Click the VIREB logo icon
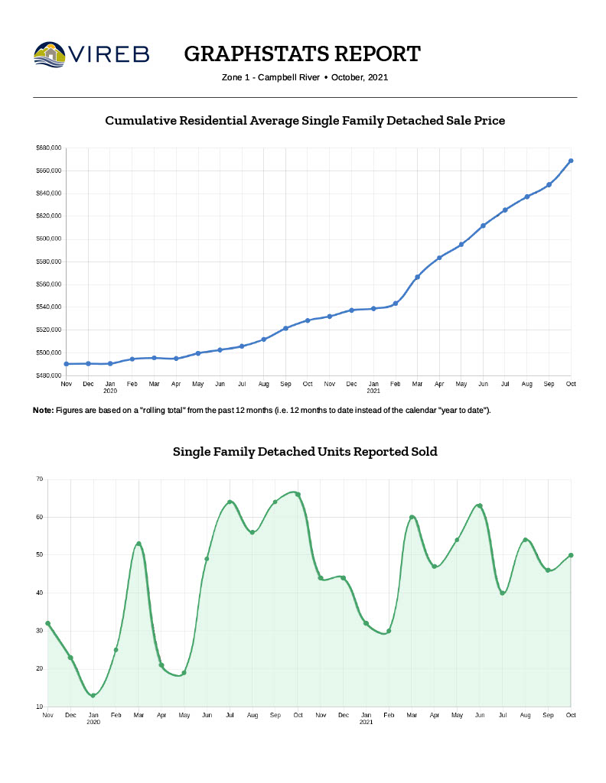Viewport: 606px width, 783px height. (50, 54)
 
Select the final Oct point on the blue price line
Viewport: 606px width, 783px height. (571, 161)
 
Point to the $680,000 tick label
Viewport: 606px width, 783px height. (48, 148)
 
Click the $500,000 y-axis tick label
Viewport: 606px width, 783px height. (48, 353)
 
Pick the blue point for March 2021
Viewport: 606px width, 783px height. (417, 277)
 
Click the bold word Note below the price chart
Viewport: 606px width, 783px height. (43, 411)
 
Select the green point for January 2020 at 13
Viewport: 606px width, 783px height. (93, 695)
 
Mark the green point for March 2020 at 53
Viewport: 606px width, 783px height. (138, 544)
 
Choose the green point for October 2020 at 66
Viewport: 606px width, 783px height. (298, 494)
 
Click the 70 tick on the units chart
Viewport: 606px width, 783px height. (39, 479)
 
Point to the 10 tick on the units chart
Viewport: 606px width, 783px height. (39, 707)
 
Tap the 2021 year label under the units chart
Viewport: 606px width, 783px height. (366, 722)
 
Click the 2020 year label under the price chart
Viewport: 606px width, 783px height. (110, 391)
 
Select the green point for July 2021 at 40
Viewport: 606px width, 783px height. (502, 593)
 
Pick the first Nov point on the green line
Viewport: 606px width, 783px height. (48, 623)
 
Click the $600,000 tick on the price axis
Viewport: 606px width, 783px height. (48, 239)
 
